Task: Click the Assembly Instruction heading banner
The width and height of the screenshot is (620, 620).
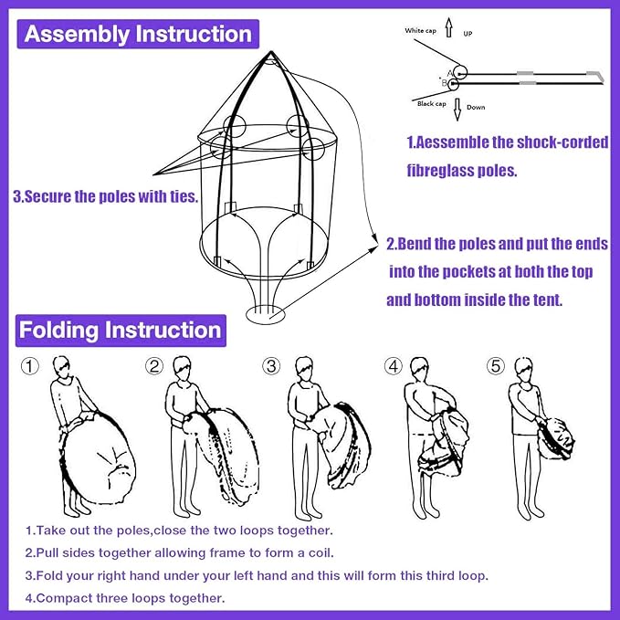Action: point(138,35)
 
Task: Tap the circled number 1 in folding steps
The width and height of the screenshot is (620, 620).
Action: point(30,366)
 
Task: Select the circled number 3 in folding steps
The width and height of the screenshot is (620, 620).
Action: point(271,366)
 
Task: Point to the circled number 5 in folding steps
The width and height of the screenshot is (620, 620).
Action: point(496,366)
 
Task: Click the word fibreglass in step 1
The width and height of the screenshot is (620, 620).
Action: point(449,170)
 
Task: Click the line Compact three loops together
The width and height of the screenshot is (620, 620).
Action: point(124,598)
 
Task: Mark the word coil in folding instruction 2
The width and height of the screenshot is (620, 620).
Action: point(320,552)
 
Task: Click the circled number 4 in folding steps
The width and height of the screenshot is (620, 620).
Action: point(394,366)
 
